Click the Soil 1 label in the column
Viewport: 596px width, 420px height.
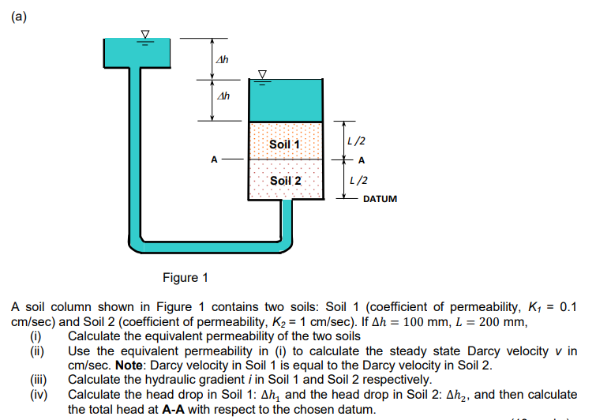284,144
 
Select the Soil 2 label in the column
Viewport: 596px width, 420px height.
285,181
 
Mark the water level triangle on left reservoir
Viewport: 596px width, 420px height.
144,33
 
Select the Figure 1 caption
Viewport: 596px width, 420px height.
186,278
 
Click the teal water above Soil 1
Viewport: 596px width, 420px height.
285,101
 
